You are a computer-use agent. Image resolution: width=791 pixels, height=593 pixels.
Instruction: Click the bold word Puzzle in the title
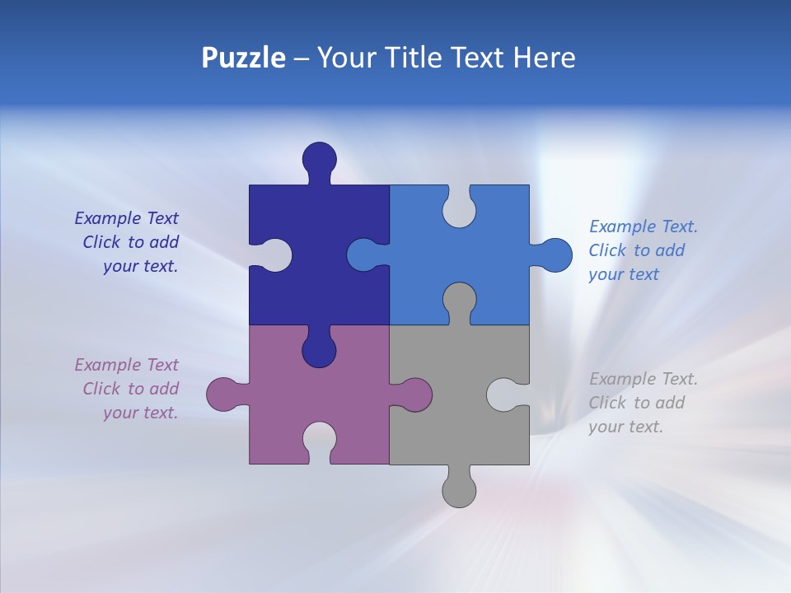[243, 58]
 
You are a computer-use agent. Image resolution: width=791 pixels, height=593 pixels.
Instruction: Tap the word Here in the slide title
[544, 58]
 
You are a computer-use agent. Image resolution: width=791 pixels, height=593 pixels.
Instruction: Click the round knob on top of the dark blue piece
[320, 159]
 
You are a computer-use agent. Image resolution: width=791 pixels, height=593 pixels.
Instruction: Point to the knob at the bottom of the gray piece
[459, 490]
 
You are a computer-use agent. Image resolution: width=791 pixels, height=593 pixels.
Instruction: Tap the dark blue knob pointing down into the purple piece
[320, 350]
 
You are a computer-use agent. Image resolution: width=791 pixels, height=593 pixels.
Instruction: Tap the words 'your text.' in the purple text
[140, 413]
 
